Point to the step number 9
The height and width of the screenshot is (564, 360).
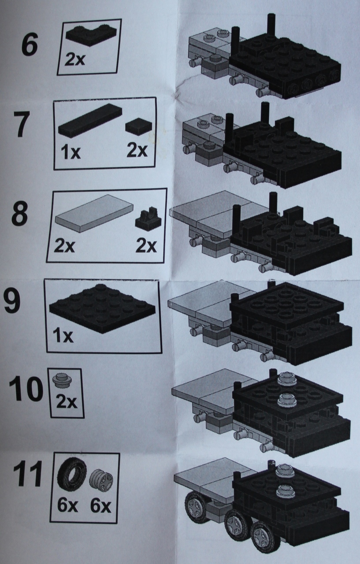(x=12, y=300)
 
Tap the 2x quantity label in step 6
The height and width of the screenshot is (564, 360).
(x=75, y=60)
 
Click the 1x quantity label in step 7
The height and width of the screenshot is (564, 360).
(x=71, y=152)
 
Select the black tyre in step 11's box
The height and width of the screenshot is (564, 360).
(x=72, y=474)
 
